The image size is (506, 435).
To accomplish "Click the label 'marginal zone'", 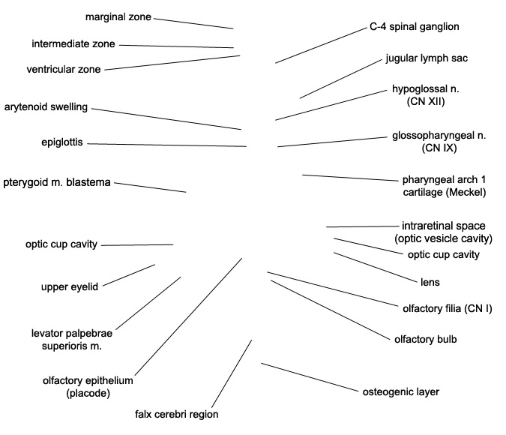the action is pyautogui.click(x=118, y=16).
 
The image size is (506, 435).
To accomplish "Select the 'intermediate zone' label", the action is pyautogui.click(x=73, y=43).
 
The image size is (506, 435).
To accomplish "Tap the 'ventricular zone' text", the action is pyautogui.click(x=64, y=69).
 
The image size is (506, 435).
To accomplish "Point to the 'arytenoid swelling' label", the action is pyautogui.click(x=46, y=107).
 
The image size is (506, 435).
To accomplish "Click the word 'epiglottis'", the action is pyautogui.click(x=62, y=142).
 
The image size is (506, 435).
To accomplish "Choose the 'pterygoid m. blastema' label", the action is pyautogui.click(x=57, y=182).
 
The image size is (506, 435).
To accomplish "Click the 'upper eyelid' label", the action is pyautogui.click(x=70, y=286).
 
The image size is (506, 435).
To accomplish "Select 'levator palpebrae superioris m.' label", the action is pyautogui.click(x=72, y=340).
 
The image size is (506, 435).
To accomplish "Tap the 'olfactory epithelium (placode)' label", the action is pyautogui.click(x=88, y=386).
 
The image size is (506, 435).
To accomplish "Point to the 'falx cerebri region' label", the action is pyautogui.click(x=176, y=414).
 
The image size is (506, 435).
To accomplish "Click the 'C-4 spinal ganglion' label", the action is pyautogui.click(x=415, y=26).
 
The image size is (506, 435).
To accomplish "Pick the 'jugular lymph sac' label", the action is pyautogui.click(x=427, y=58).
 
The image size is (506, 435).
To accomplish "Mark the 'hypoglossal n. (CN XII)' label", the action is pyautogui.click(x=426, y=95).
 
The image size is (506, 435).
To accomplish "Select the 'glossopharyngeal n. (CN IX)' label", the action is pyautogui.click(x=439, y=142).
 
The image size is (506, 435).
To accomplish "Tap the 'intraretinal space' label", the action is pyautogui.click(x=443, y=226).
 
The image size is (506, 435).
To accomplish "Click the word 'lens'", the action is pyautogui.click(x=430, y=282).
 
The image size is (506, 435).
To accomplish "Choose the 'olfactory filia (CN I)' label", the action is pyautogui.click(x=448, y=308).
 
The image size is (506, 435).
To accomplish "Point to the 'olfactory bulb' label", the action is pyautogui.click(x=426, y=339).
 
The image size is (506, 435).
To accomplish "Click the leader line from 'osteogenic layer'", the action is pyautogui.click(x=310, y=377).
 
